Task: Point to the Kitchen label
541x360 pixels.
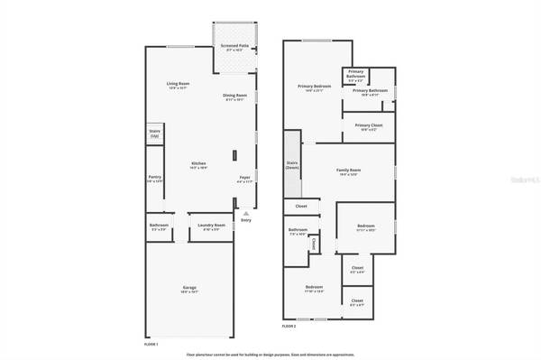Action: click(x=198, y=163)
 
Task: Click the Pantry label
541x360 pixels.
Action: click(x=155, y=178)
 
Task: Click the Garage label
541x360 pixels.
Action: click(x=189, y=288)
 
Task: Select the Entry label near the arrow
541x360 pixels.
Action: click(x=245, y=219)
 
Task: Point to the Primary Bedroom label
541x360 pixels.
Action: click(x=312, y=87)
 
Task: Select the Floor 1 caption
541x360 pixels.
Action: click(x=151, y=345)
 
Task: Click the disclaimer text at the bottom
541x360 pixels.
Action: click(x=270, y=355)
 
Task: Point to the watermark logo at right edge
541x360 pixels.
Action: click(x=522, y=180)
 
